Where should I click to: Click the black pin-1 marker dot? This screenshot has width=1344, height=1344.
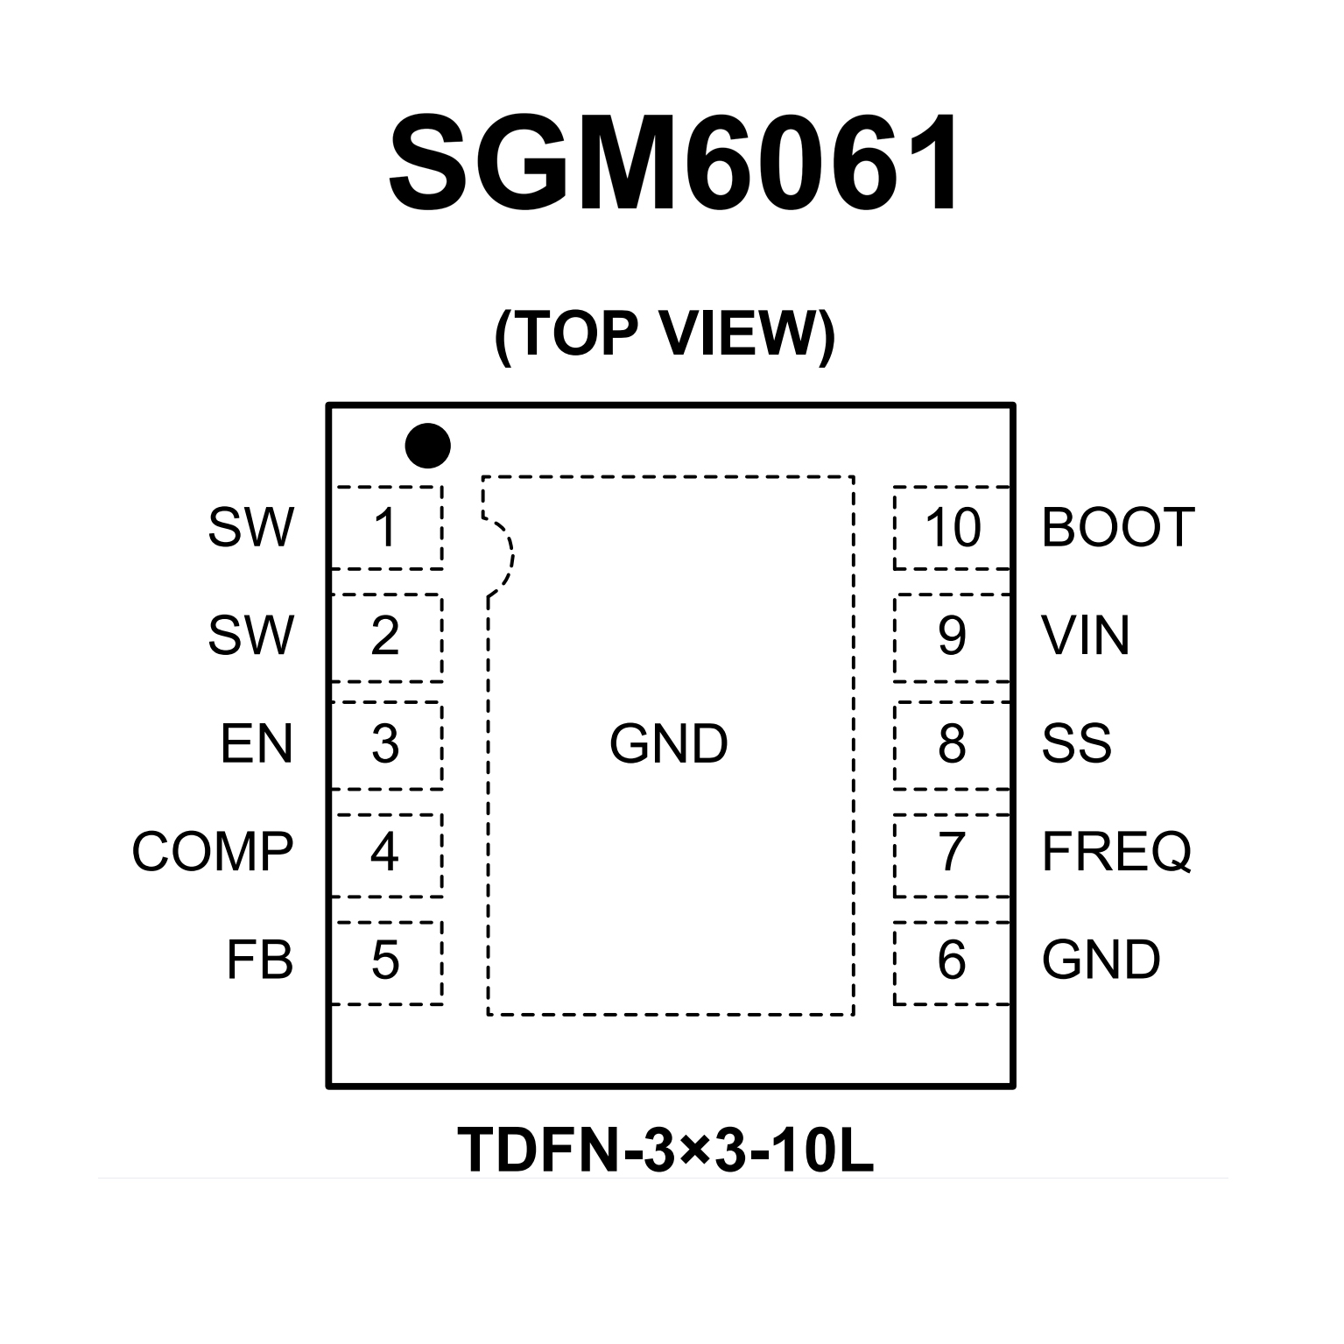[x=427, y=446]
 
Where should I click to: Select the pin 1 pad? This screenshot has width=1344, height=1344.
[x=386, y=528]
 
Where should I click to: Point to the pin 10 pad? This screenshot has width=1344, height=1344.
[x=952, y=528]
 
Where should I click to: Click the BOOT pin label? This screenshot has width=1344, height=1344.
[x=1118, y=528]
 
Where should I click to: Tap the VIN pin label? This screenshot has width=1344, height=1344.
[x=1085, y=636]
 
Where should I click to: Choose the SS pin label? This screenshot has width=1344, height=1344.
[x=1076, y=744]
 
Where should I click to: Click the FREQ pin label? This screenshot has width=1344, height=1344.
[x=1116, y=852]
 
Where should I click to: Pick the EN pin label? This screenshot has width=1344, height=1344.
[x=257, y=744]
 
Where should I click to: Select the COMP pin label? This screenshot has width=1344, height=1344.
[x=213, y=852]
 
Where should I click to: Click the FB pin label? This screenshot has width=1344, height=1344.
[x=259, y=961]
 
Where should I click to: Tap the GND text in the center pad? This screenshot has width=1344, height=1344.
[x=669, y=744]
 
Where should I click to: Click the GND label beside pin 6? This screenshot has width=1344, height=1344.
[x=1101, y=961]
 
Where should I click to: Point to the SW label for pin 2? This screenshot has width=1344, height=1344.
[x=250, y=636]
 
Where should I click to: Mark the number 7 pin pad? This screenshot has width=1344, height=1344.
[x=952, y=854]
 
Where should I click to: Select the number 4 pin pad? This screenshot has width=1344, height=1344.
[x=386, y=854]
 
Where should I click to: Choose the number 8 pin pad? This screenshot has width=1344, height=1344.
[x=952, y=745]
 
